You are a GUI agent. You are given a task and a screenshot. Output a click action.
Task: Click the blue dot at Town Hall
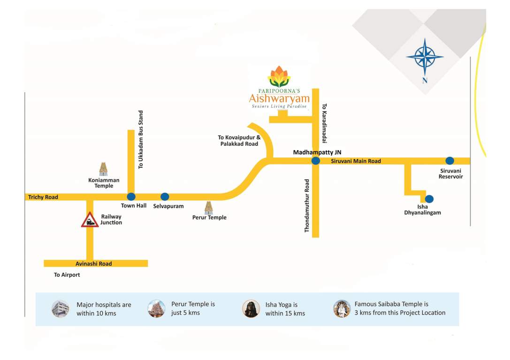click(x=131, y=197)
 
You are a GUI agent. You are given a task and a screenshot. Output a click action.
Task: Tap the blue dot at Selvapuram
click(x=165, y=197)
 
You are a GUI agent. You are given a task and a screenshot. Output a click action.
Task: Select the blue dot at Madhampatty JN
click(x=316, y=161)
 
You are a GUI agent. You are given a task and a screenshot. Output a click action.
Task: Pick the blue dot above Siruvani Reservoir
click(x=449, y=161)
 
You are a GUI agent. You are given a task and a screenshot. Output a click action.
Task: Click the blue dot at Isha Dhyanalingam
click(x=429, y=199)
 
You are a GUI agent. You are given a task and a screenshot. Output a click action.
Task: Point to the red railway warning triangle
click(x=90, y=220)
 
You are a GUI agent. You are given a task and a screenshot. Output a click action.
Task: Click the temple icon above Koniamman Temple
click(x=103, y=169)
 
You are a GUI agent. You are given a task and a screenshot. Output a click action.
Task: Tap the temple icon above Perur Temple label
click(x=208, y=208)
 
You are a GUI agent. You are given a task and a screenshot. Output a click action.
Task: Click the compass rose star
click(x=425, y=56)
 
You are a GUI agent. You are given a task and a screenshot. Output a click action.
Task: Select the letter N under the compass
click(x=425, y=81)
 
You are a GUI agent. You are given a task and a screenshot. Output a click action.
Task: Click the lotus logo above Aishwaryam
click(x=279, y=77)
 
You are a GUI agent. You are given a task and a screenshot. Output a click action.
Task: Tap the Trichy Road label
click(x=43, y=197)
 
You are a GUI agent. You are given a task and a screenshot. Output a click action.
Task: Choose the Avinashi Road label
click(x=94, y=264)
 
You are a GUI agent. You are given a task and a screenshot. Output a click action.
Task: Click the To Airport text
click(x=67, y=275)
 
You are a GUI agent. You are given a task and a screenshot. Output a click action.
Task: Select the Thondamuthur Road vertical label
click(x=308, y=206)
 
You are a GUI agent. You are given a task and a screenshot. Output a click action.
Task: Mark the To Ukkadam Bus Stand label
click(x=141, y=140)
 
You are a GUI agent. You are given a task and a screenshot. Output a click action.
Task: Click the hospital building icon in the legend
click(x=61, y=309)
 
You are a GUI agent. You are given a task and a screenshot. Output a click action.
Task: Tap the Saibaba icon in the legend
click(x=342, y=308)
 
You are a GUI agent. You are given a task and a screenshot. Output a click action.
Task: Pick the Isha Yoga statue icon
click(x=251, y=309)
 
